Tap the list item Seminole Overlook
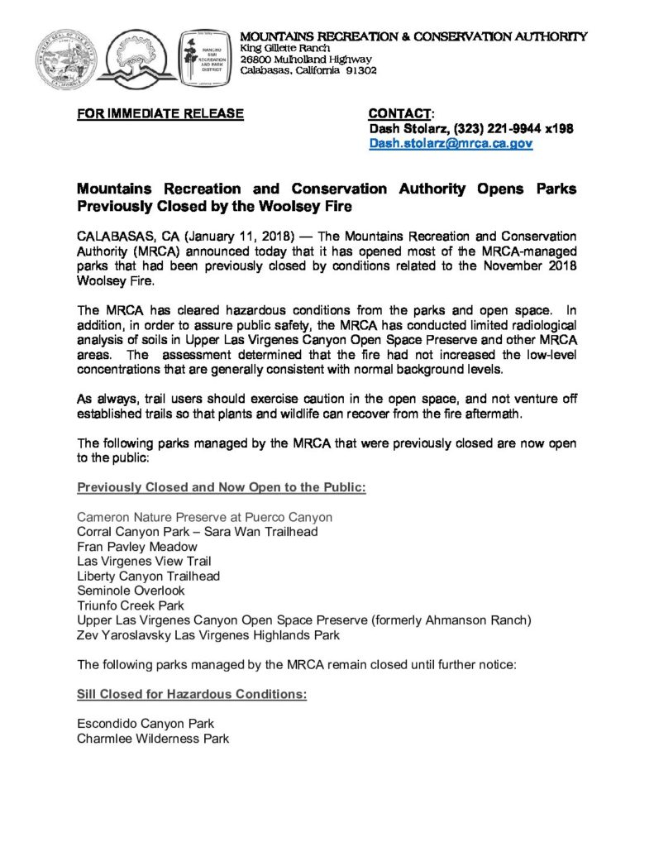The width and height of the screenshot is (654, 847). pos(131,591)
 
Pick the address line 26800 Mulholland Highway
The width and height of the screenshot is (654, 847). pos(305,59)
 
